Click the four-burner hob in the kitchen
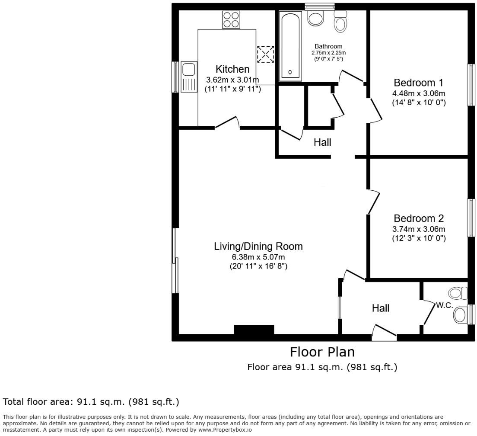pyautogui.click(x=231, y=19)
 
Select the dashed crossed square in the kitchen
pyautogui.click(x=265, y=54)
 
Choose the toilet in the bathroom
pyautogui.click(x=341, y=22)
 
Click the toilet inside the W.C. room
pyautogui.click(x=459, y=315)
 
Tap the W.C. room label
pyautogui.click(x=444, y=305)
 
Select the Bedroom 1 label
pyautogui.click(x=418, y=83)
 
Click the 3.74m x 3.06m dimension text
pyautogui.click(x=418, y=229)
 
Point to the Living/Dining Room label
pyautogui.click(x=258, y=247)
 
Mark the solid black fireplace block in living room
pyautogui.click(x=254, y=330)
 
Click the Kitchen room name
pyautogui.click(x=232, y=69)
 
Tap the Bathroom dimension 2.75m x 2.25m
pyautogui.click(x=328, y=53)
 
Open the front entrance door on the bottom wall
pyautogui.click(x=384, y=333)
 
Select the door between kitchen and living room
pyautogui.click(x=227, y=123)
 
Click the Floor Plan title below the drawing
pyautogui.click(x=322, y=352)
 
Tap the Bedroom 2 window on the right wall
pyautogui.click(x=471, y=218)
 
